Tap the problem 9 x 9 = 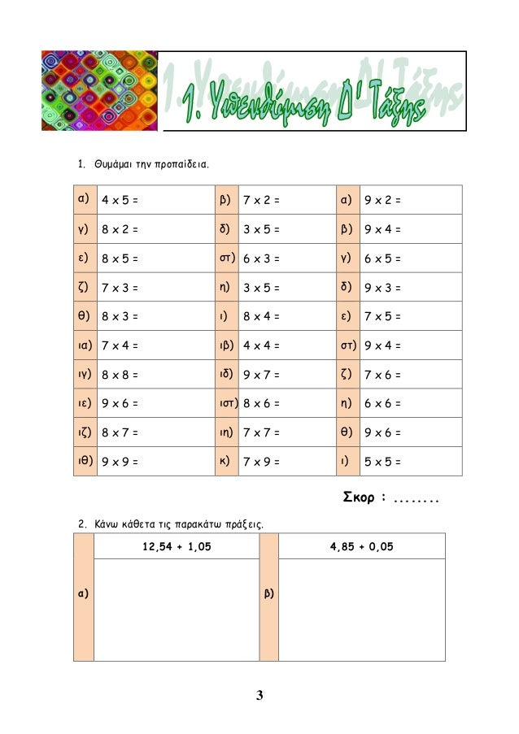click(x=119, y=463)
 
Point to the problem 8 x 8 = click(x=119, y=376)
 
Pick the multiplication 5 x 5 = click(x=382, y=463)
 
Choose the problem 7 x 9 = click(x=261, y=463)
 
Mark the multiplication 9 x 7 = click(x=261, y=376)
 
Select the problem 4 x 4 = click(x=261, y=346)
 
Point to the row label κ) click(x=225, y=461)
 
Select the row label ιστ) click(x=229, y=403)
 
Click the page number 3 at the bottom click(x=259, y=695)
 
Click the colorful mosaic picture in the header click(x=98, y=90)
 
